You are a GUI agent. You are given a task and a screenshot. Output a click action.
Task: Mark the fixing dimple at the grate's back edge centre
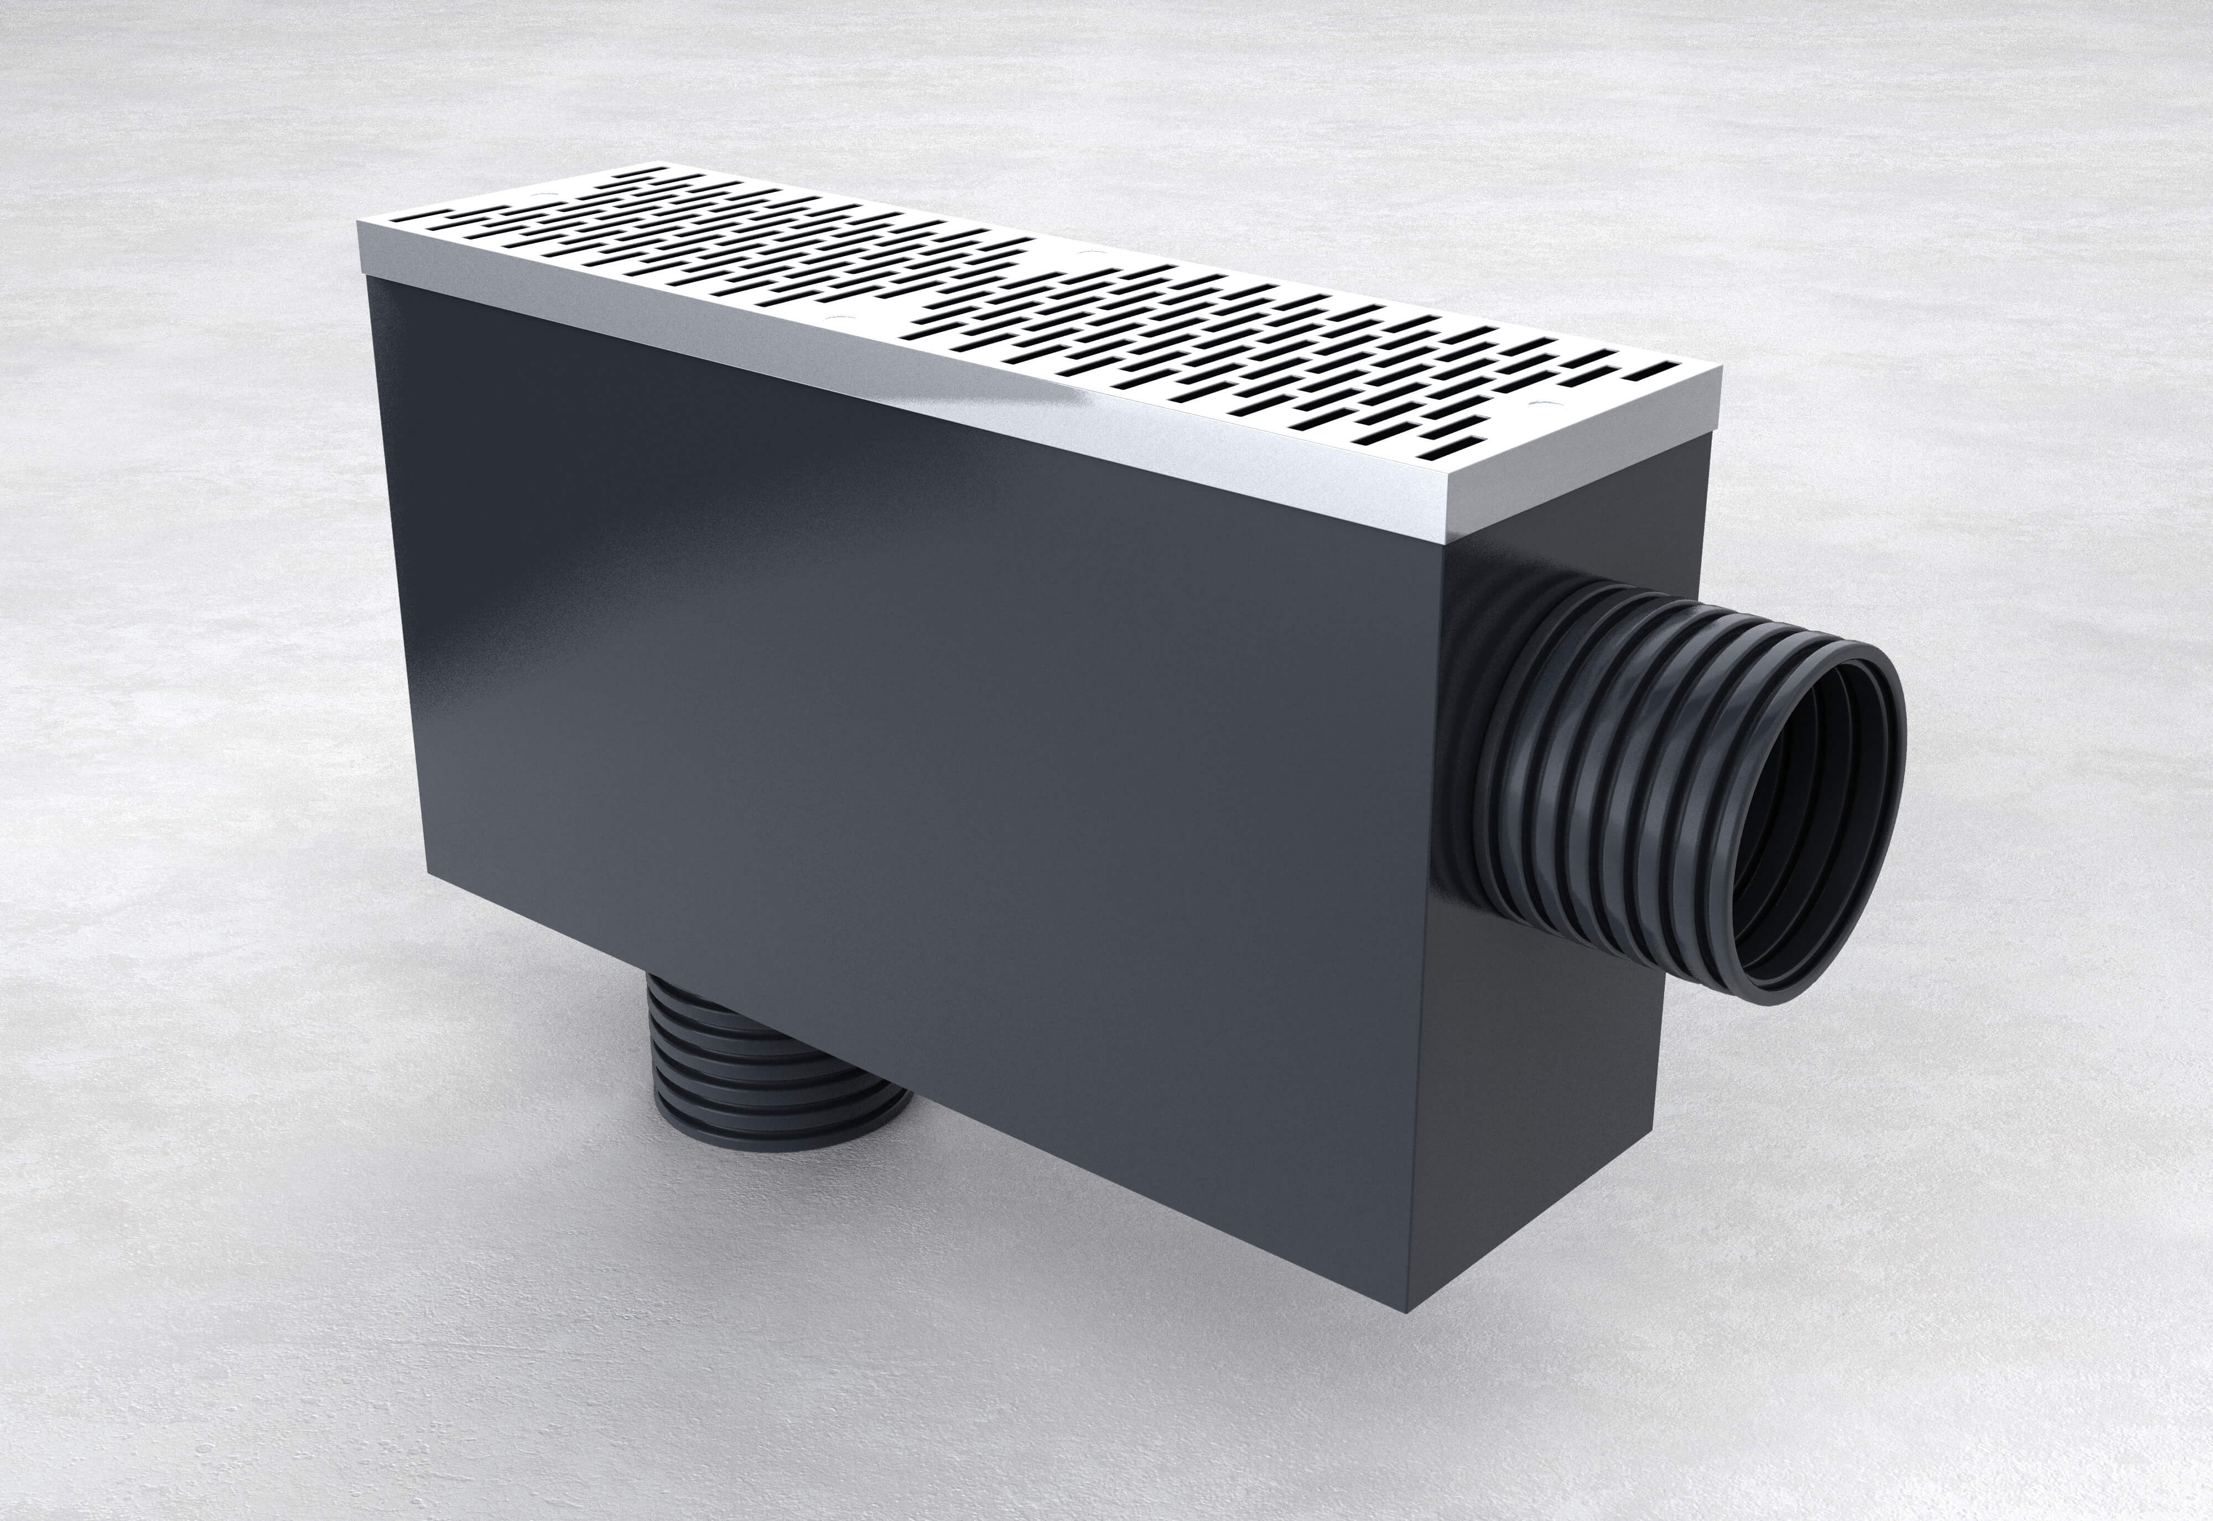[x=1087, y=253]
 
